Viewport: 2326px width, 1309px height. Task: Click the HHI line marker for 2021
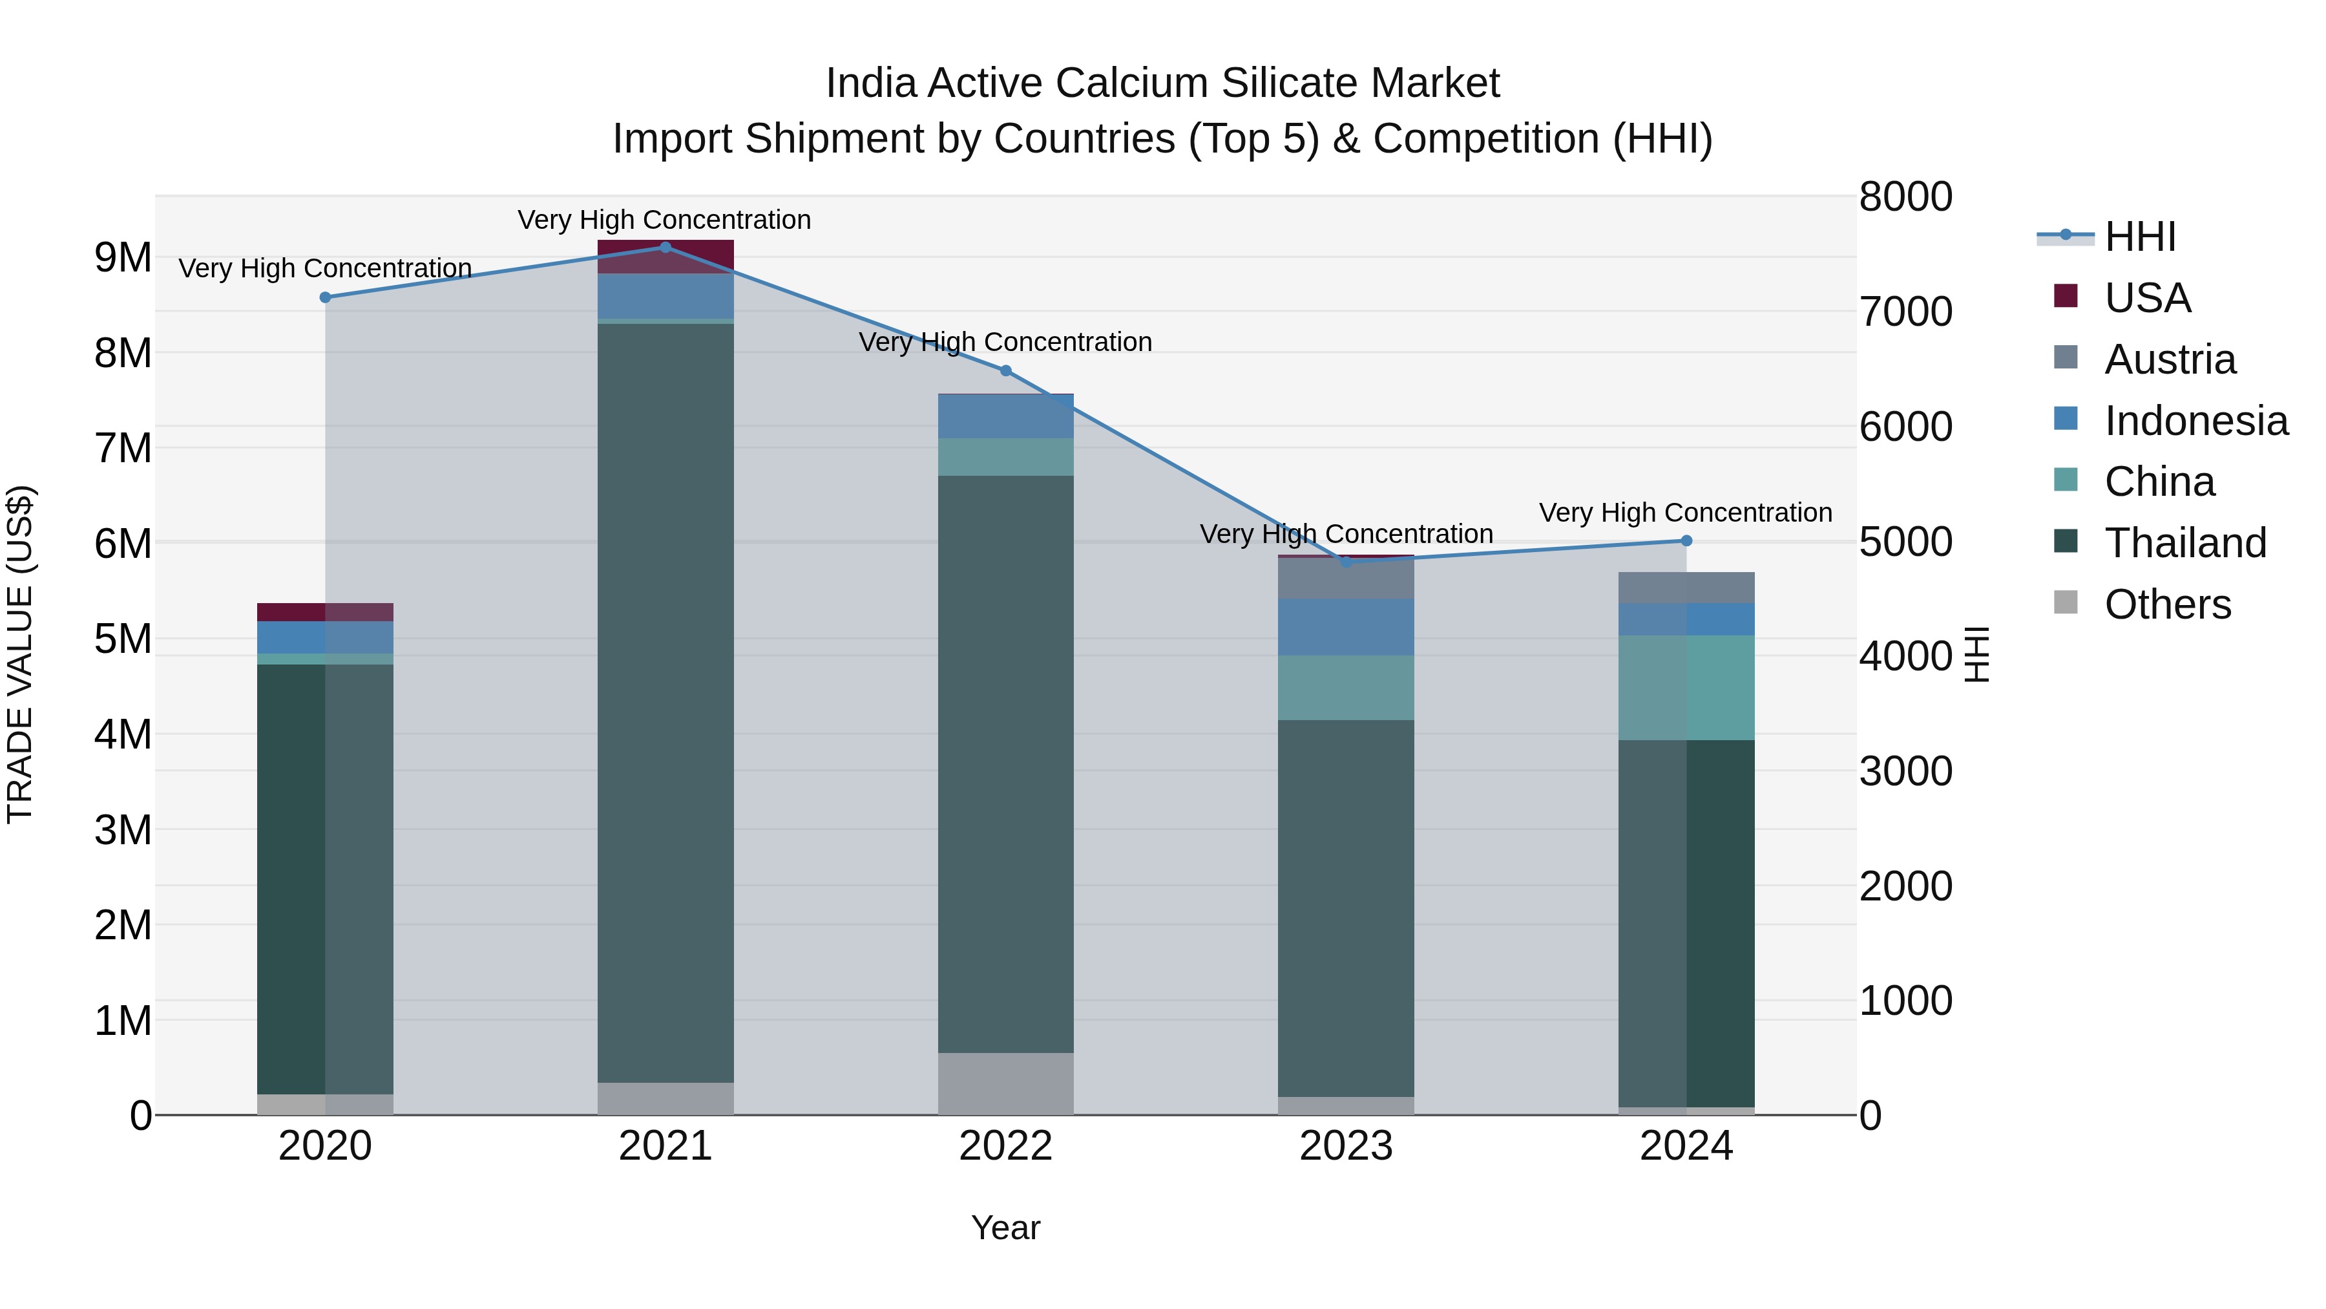[665, 247]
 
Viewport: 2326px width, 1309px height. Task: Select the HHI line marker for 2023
[1345, 562]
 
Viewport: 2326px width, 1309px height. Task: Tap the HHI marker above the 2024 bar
[1686, 541]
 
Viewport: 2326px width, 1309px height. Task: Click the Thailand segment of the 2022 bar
[1006, 763]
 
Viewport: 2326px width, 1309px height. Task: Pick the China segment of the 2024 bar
[1686, 688]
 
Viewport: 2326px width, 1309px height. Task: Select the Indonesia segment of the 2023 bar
[1345, 627]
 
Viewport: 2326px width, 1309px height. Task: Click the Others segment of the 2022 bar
[1006, 1083]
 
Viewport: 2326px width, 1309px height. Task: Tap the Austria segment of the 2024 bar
[1686, 587]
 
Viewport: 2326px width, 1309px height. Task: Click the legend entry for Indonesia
[2194, 421]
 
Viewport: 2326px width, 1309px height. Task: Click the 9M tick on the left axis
[123, 257]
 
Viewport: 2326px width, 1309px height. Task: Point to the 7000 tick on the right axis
[1905, 312]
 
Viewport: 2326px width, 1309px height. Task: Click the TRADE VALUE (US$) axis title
[21, 654]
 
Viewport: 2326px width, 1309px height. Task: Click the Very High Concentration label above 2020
[325, 268]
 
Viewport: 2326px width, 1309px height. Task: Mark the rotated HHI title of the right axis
[1976, 654]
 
